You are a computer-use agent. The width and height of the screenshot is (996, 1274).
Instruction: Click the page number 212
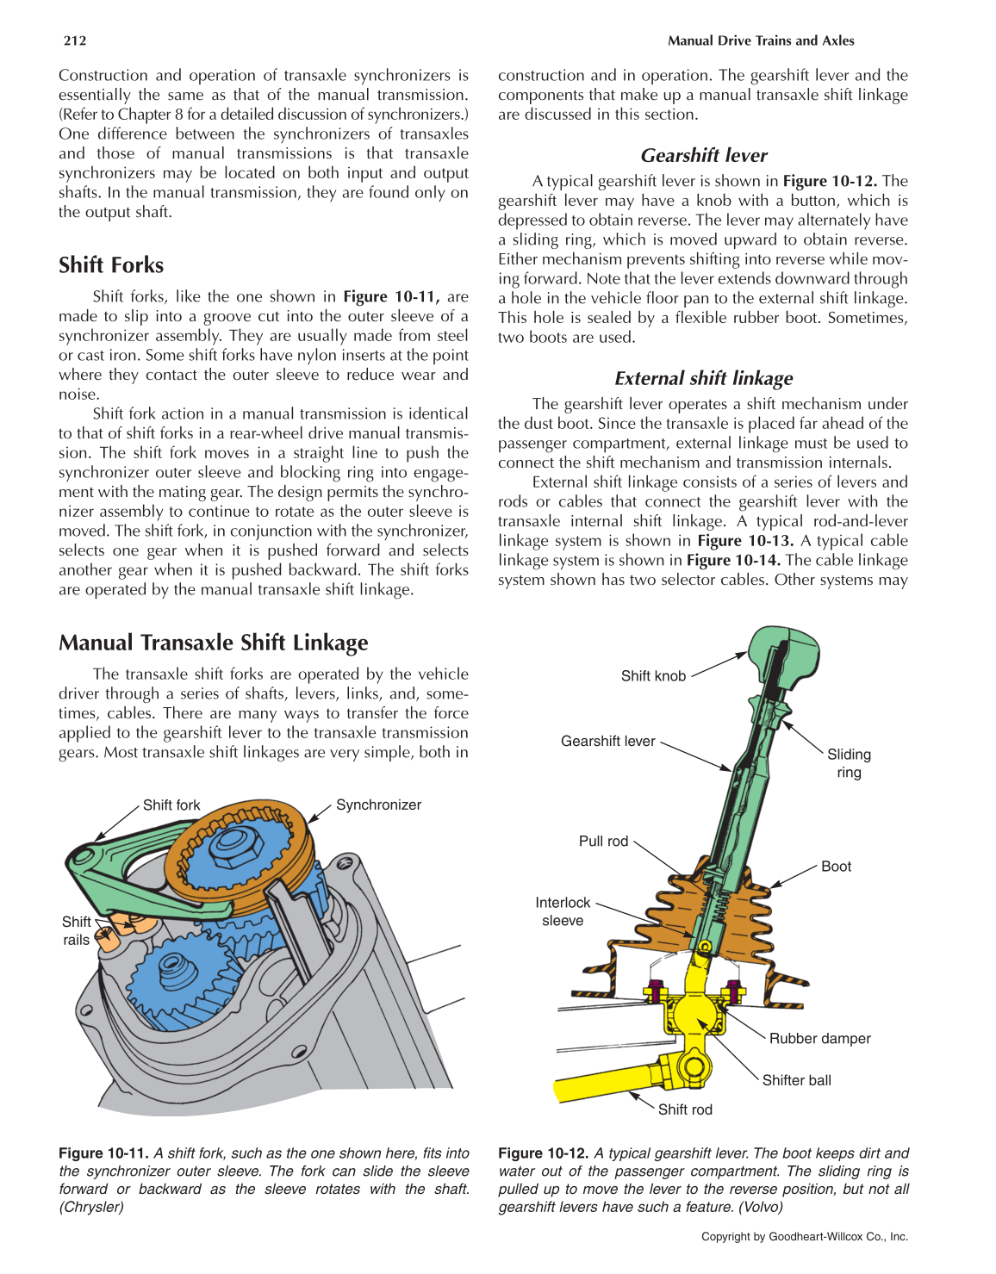click(x=75, y=40)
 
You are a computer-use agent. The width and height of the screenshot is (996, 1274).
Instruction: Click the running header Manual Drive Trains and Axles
click(x=761, y=40)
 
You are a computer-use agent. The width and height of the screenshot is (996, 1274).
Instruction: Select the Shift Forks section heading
click(x=111, y=265)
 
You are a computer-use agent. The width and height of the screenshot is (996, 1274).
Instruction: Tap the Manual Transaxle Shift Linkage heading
click(x=213, y=643)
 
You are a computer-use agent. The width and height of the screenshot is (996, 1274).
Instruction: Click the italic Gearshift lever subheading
click(x=704, y=156)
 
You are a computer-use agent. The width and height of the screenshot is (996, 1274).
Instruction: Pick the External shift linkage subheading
click(x=704, y=379)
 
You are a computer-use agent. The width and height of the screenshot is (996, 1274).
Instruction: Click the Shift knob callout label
click(x=653, y=676)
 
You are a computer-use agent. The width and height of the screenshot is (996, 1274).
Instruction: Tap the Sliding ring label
click(x=849, y=763)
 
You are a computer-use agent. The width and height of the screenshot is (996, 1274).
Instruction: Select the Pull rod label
click(x=603, y=842)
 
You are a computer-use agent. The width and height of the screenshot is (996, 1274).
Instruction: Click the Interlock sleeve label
click(x=563, y=911)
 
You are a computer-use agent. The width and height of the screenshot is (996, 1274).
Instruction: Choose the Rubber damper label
click(x=819, y=1039)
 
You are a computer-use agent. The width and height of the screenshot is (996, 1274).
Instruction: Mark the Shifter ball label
click(x=796, y=1080)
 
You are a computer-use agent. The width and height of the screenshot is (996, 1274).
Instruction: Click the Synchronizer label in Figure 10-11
click(x=378, y=805)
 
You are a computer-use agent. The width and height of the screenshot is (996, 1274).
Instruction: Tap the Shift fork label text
click(x=171, y=805)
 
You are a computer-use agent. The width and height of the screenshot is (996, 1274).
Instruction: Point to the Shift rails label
click(x=76, y=930)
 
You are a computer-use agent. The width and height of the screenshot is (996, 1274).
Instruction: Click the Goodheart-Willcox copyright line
click(x=804, y=1236)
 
